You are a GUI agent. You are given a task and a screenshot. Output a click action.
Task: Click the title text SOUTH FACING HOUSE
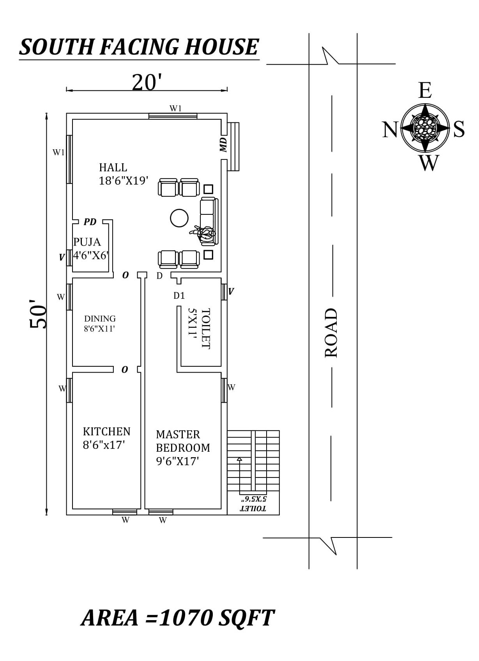139,47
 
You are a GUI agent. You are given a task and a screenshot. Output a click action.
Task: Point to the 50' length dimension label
38,314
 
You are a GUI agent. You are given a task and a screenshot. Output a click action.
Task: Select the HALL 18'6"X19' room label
124,174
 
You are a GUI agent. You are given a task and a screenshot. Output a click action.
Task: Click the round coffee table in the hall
179,218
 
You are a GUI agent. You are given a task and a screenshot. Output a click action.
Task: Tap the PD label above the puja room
90,222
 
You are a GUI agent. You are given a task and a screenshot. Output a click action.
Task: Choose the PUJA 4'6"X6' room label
91,249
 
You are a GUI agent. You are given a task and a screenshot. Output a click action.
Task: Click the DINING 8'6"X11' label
100,323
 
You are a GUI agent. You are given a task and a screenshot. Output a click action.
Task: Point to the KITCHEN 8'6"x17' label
106,438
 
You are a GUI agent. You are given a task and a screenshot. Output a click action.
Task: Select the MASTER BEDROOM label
183,448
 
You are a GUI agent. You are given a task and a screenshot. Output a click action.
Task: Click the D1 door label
179,295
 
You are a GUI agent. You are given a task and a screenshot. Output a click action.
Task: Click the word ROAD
331,333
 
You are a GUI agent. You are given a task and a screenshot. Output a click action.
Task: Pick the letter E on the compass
425,90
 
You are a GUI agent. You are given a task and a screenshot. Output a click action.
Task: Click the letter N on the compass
390,129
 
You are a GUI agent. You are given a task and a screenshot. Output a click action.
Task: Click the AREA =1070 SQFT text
178,618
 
